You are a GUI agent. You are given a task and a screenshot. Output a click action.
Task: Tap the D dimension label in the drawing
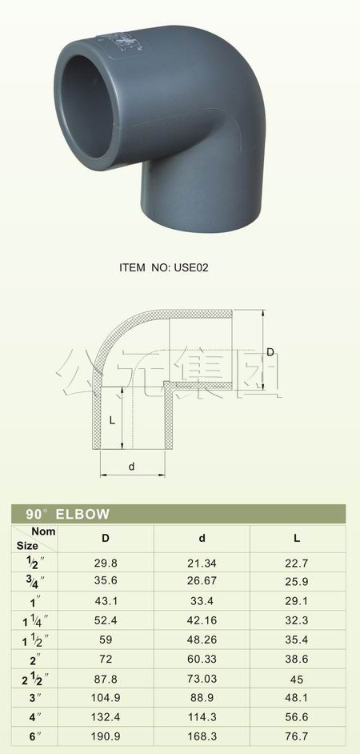[x=270, y=351]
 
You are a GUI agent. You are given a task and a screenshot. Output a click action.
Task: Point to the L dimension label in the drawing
[x=113, y=419]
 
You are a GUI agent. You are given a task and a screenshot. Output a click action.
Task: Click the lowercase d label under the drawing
[x=130, y=465]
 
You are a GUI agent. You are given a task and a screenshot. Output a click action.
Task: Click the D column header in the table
[x=106, y=537]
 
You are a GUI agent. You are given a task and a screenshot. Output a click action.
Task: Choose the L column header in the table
[x=297, y=537]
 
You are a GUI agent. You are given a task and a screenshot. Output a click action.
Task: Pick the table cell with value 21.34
[x=202, y=563]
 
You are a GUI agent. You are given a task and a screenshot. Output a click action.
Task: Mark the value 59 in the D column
[x=106, y=640]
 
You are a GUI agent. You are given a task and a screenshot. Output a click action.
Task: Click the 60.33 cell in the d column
[x=202, y=660]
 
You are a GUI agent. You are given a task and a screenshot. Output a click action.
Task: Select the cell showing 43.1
[x=106, y=602]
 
